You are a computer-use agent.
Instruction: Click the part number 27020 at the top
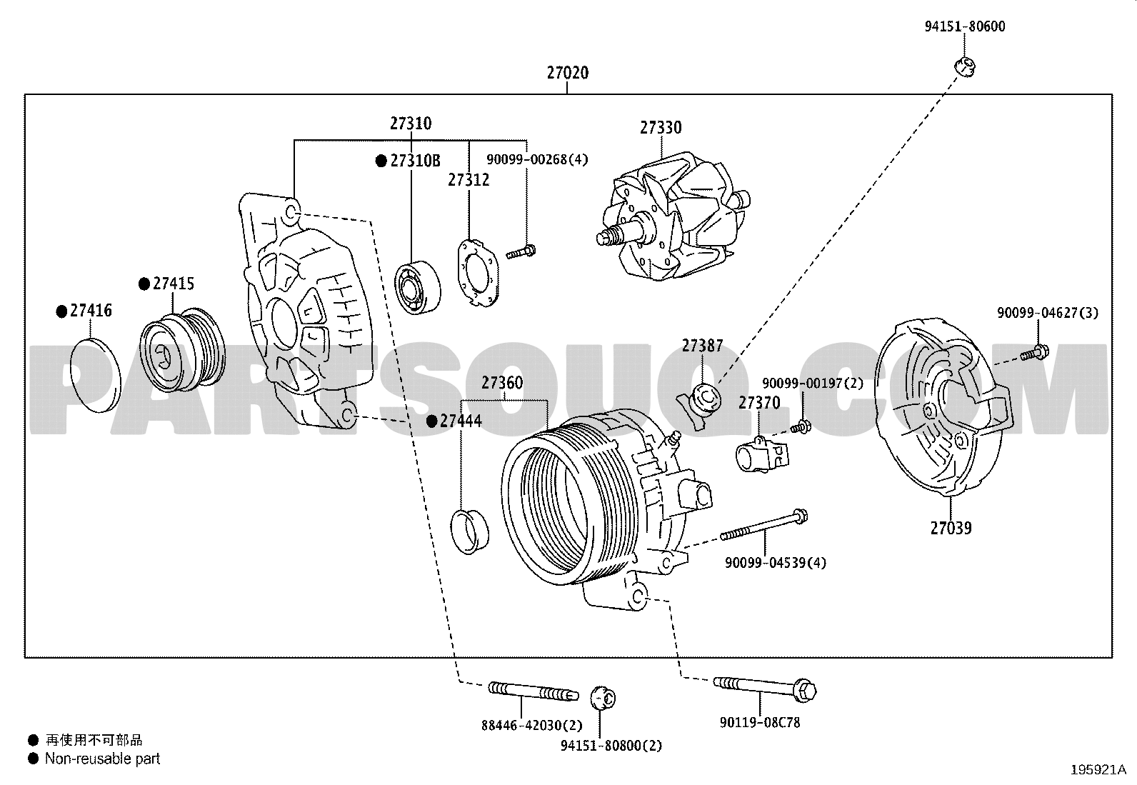[x=568, y=73]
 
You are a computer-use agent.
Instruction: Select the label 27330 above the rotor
[x=661, y=128]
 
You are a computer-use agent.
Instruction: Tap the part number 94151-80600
[x=964, y=26]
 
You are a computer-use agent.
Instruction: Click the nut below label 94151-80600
[x=964, y=67]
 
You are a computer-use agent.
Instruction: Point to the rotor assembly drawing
[x=673, y=216]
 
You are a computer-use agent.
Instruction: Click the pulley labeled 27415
[x=182, y=349]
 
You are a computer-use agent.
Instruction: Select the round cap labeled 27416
[x=96, y=375]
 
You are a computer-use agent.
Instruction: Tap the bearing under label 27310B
[x=418, y=287]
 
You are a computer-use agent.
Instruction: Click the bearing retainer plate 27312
[x=478, y=273]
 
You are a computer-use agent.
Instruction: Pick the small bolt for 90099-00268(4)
[x=521, y=252]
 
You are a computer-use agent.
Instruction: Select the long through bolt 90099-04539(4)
[x=764, y=526]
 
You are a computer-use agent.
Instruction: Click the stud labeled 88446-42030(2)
[x=534, y=691]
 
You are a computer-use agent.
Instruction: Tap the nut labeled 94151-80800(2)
[x=603, y=698]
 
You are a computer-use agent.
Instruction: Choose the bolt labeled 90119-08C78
[x=765, y=689]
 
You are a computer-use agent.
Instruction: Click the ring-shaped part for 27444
[x=469, y=531]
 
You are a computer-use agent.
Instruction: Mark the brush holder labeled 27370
[x=762, y=454]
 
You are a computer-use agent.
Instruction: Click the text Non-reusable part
[x=103, y=759]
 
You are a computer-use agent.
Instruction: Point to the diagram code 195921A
[x=1098, y=770]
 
